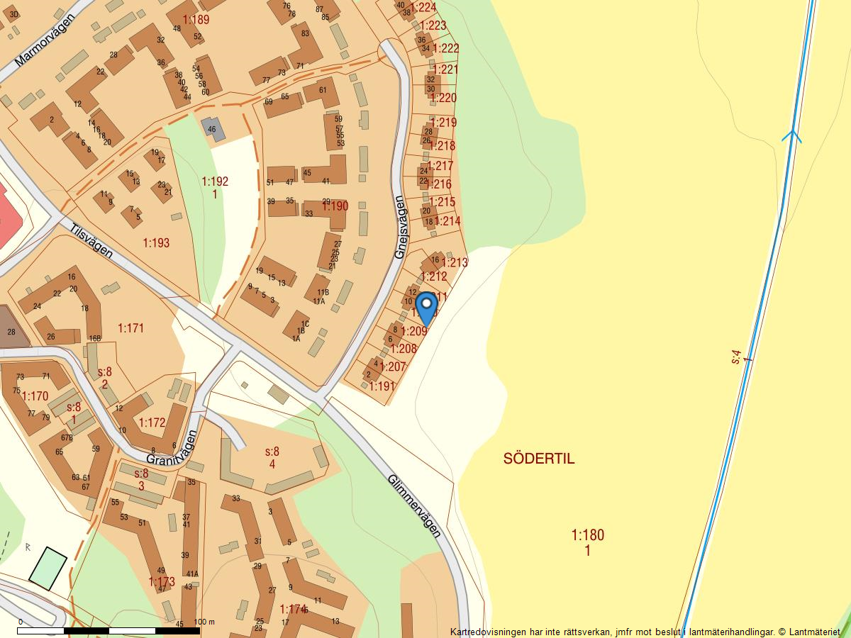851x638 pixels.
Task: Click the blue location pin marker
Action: [426, 307]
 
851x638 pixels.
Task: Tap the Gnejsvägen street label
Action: [401, 227]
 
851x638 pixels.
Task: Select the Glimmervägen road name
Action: [414, 505]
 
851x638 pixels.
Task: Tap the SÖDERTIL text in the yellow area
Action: [539, 459]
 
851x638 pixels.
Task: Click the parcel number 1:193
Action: [156, 243]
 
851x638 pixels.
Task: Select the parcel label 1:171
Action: [131, 328]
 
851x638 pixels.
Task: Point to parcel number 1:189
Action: [196, 20]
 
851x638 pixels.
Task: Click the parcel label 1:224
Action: [423, 8]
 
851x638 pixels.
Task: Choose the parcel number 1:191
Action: [382, 386]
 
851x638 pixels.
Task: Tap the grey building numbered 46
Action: [212, 128]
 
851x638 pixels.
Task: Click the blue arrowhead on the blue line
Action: [791, 135]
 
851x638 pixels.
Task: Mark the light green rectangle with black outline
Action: [48, 569]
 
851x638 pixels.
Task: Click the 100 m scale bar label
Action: [204, 622]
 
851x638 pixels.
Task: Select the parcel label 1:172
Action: [152, 422]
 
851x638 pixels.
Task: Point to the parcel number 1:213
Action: [455, 262]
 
